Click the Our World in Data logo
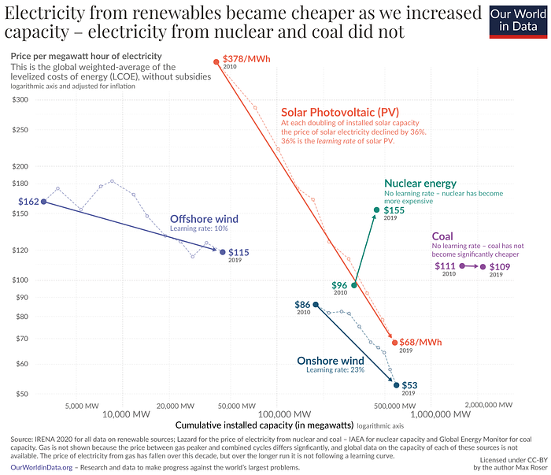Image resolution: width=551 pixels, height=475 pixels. click(x=516, y=21)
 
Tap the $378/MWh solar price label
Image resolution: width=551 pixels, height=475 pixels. click(x=246, y=59)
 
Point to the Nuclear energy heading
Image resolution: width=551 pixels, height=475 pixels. click(x=420, y=184)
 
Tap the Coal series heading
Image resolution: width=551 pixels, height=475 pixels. click(x=442, y=236)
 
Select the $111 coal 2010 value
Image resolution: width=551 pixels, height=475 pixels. click(x=445, y=266)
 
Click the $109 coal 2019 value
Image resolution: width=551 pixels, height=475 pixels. click(x=500, y=267)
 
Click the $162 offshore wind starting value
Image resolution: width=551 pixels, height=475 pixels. click(x=28, y=202)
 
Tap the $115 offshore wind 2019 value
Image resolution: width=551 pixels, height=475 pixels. click(x=239, y=252)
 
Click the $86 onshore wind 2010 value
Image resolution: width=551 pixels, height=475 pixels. click(x=303, y=304)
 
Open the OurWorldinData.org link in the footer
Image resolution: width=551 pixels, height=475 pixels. click(x=39, y=467)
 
